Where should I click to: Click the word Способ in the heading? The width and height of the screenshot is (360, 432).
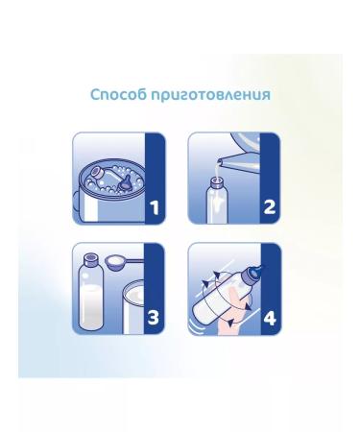118,95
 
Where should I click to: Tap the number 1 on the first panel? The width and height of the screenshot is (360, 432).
155,207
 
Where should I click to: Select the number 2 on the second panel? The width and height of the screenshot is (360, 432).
270,207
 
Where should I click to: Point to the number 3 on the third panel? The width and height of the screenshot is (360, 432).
154,318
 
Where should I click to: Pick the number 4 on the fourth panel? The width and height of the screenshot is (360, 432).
270,318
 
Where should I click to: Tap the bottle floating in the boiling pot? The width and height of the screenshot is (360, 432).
103,175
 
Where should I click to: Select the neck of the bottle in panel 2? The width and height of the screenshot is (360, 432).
218,183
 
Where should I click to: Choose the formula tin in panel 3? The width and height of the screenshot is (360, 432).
134,308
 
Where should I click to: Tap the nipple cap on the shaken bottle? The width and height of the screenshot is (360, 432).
255,272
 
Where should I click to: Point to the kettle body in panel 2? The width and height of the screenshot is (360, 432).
247,141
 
